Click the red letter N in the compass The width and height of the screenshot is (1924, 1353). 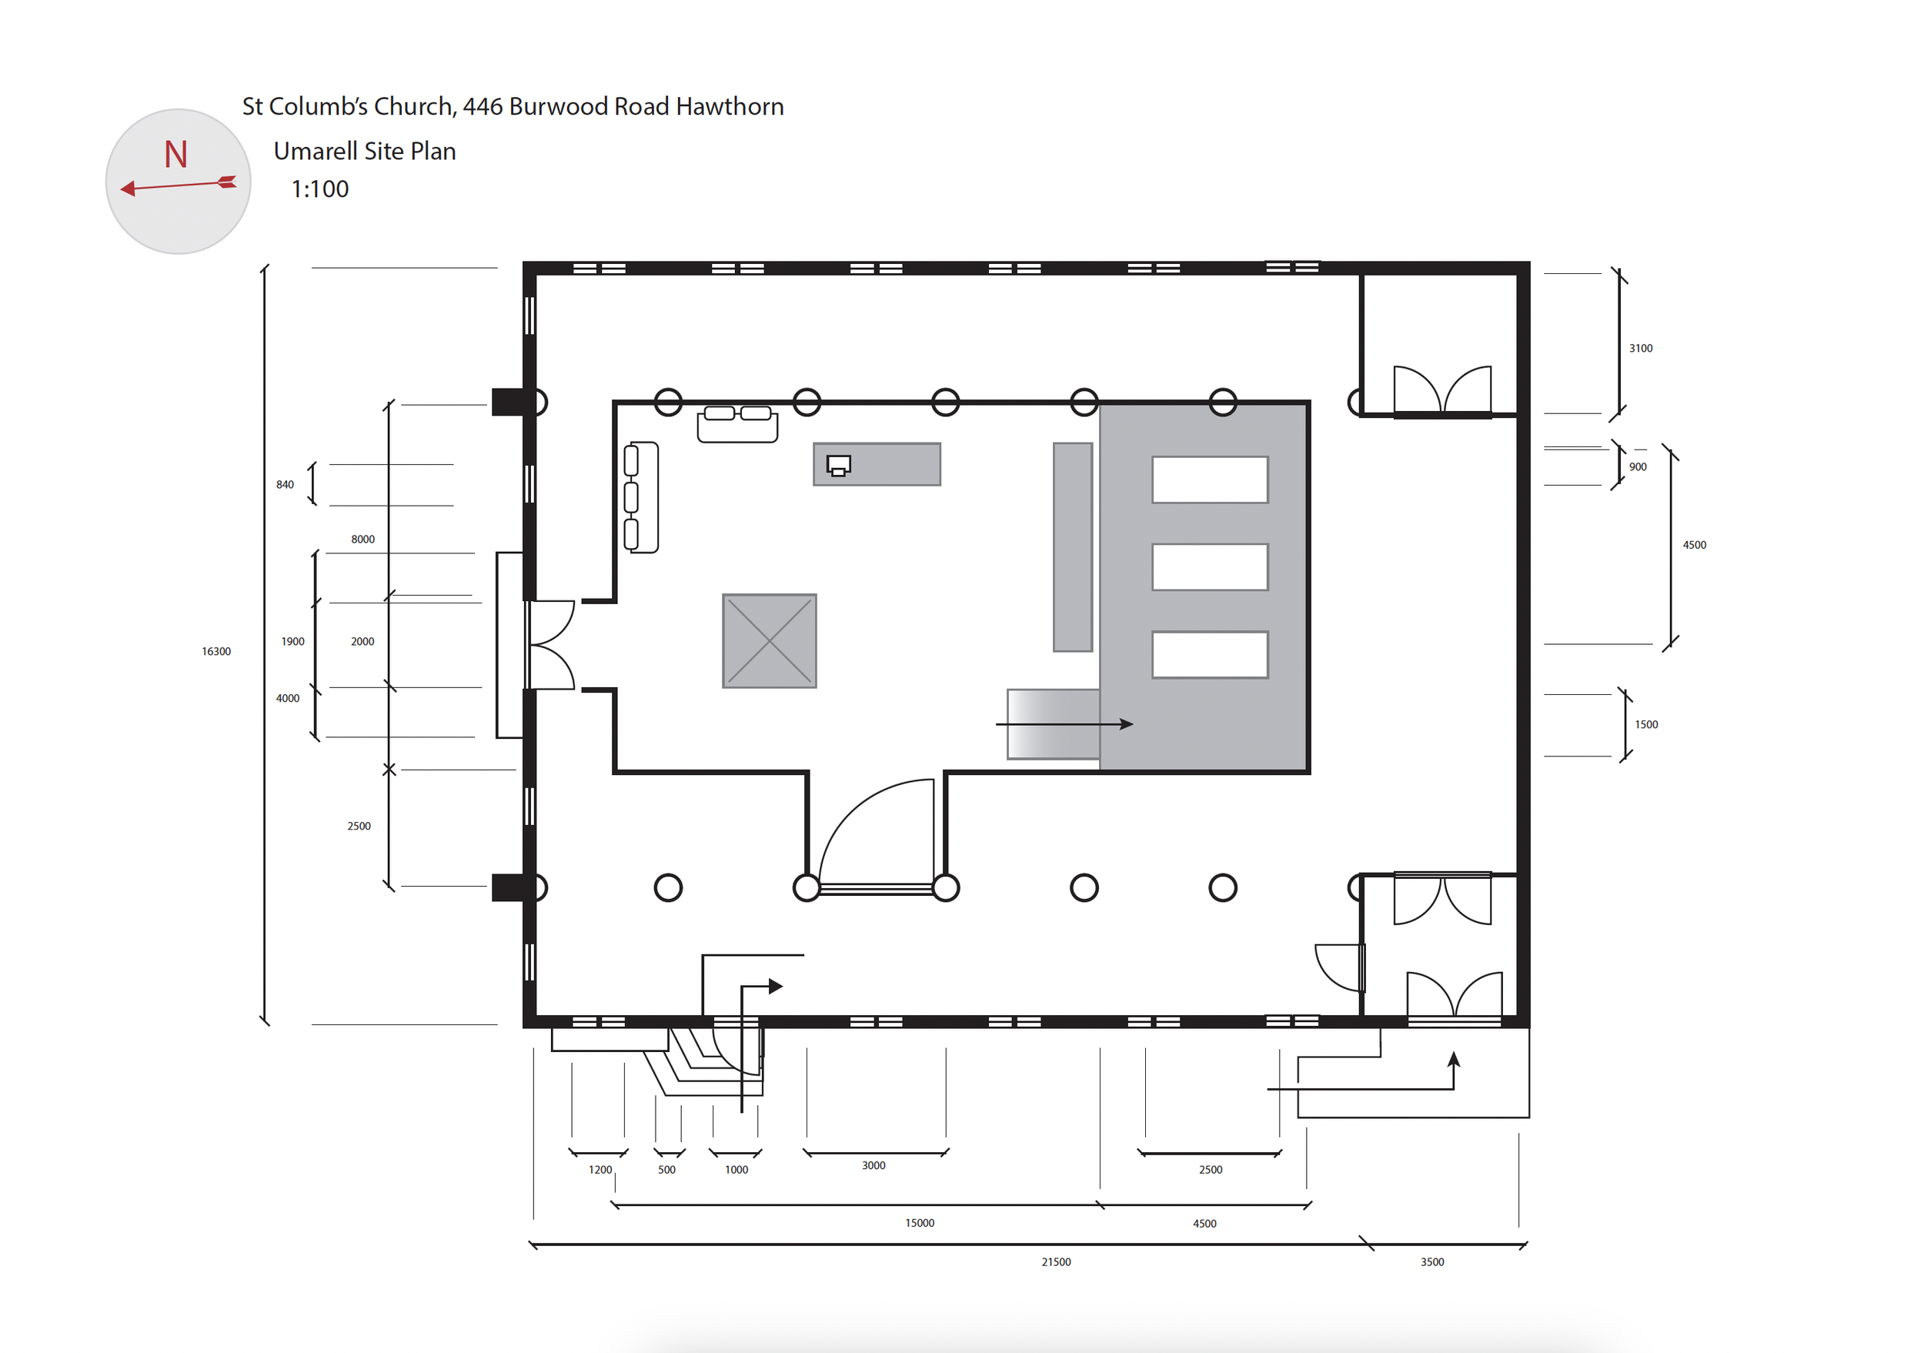pyautogui.click(x=176, y=154)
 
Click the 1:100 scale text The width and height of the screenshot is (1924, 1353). pyautogui.click(x=319, y=189)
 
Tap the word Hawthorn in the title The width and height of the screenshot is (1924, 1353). pyautogui.click(x=730, y=106)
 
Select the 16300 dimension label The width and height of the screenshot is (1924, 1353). pyautogui.click(x=216, y=651)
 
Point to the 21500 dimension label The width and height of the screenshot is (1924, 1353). pyautogui.click(x=1056, y=1261)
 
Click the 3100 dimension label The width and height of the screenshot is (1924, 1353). pyautogui.click(x=1641, y=348)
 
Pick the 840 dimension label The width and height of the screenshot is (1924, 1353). pyautogui.click(x=285, y=484)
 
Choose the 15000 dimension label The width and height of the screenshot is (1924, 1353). pyautogui.click(x=919, y=1223)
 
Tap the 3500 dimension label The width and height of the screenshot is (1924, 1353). pyautogui.click(x=1432, y=1261)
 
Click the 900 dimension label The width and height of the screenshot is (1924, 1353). pyautogui.click(x=1638, y=466)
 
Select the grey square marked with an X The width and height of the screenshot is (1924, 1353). pyautogui.click(x=770, y=641)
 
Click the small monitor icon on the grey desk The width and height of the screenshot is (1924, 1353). pyautogui.click(x=839, y=466)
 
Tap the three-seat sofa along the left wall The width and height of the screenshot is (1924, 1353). pyautogui.click(x=641, y=497)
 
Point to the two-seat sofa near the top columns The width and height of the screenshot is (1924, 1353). pyautogui.click(x=737, y=423)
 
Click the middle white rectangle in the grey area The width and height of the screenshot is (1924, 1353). pyautogui.click(x=1210, y=567)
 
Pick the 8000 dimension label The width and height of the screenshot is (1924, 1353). pyautogui.click(x=362, y=539)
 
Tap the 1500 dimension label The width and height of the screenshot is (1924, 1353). pyautogui.click(x=1646, y=725)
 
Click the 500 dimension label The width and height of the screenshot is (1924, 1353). pyautogui.click(x=666, y=1170)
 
